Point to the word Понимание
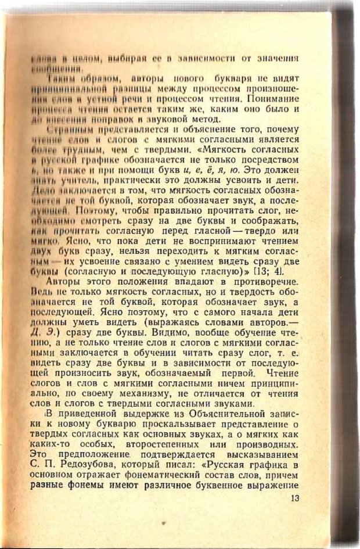click(x=277, y=98)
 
